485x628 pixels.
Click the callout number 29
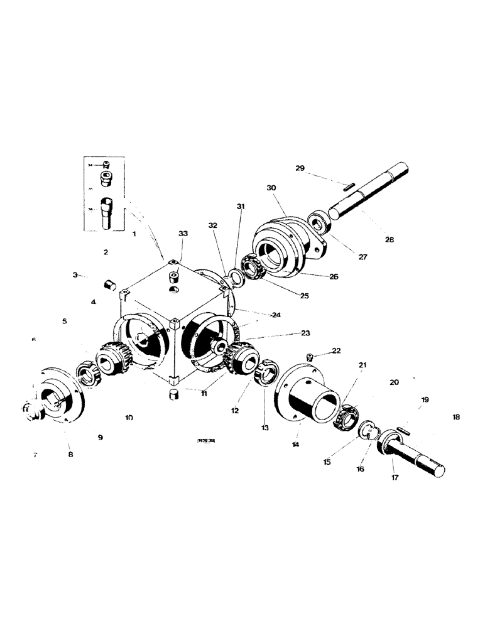coord(300,168)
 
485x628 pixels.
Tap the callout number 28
coord(389,241)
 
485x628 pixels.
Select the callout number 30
coord(271,188)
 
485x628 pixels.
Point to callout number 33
coord(183,234)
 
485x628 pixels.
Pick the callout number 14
coord(296,443)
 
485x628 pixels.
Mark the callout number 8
coord(70,454)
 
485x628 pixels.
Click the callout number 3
coord(75,275)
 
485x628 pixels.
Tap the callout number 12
coord(234,411)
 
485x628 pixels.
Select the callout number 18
coord(455,416)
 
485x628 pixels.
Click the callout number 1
coord(134,233)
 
